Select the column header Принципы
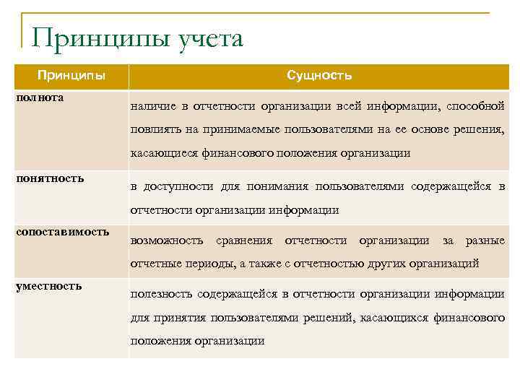[x=71, y=75]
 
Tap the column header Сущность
[x=318, y=75]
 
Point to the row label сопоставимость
[x=62, y=232]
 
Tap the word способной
[x=475, y=107]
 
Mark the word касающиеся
[x=159, y=153]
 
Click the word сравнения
[x=244, y=240]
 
